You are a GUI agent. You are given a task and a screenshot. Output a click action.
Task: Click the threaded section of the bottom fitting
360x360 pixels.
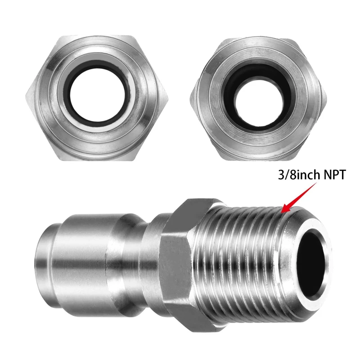[x=243, y=252]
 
